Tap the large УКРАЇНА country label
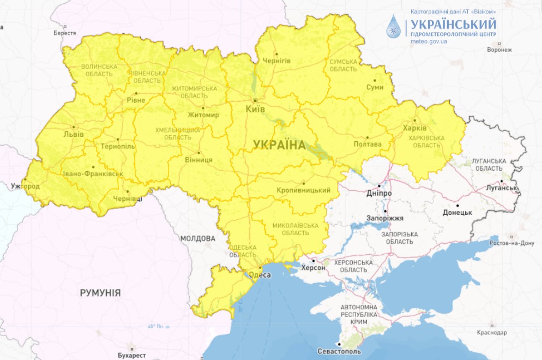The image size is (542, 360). point(279,145)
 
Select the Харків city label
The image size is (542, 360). point(414,129)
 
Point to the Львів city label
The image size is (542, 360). point(74,134)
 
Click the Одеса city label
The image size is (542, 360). point(260,275)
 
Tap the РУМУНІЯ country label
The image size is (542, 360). point(100,293)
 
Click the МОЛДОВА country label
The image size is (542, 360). point(197,238)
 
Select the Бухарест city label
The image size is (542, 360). point(131,355)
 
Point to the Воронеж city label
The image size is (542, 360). point(499,50)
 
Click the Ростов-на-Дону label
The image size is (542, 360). point(513,243)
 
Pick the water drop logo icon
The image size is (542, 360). point(393,27)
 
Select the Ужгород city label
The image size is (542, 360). point(25,186)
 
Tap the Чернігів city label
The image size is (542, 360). point(276,61)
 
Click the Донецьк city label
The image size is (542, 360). point(457,212)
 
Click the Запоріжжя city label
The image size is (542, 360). point(385,218)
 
